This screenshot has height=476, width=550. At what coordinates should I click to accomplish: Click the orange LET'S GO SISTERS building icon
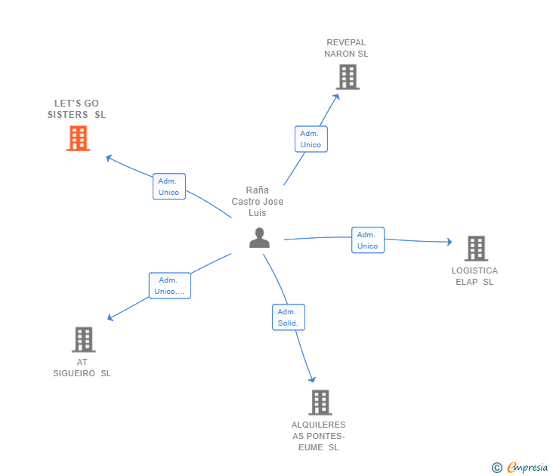[x=78, y=138]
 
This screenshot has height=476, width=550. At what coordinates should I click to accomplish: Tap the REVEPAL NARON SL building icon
[x=348, y=77]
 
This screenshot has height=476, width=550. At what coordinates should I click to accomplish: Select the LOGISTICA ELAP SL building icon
[x=476, y=248]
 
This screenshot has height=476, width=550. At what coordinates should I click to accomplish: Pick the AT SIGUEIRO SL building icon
[x=84, y=339]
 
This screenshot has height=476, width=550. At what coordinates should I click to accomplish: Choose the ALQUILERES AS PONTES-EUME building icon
[x=320, y=402]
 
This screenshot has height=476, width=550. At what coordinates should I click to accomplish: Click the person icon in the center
[x=259, y=238]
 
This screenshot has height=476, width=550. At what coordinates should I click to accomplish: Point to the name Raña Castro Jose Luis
[x=258, y=202]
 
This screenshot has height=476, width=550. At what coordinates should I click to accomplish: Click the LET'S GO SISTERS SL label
[x=76, y=109]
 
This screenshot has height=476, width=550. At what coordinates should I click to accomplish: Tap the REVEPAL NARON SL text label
[x=346, y=48]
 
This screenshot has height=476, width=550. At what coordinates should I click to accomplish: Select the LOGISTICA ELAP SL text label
[x=474, y=276]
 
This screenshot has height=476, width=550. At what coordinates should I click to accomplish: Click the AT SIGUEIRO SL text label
[x=82, y=367]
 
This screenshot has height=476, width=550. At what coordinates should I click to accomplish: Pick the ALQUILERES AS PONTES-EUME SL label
[x=318, y=436]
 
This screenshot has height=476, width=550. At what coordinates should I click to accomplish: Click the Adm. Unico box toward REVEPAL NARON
[x=311, y=139]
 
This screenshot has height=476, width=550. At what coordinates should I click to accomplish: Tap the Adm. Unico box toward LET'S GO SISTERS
[x=169, y=187]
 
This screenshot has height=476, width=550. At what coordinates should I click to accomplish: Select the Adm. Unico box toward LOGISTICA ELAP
[x=368, y=240]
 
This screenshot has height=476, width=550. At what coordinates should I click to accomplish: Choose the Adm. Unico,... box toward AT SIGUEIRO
[x=169, y=286]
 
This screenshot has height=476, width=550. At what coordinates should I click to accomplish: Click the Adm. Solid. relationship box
[x=288, y=317]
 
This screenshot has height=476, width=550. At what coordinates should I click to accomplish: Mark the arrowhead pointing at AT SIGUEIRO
[x=110, y=317]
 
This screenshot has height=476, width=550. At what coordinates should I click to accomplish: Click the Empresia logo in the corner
[x=519, y=468]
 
